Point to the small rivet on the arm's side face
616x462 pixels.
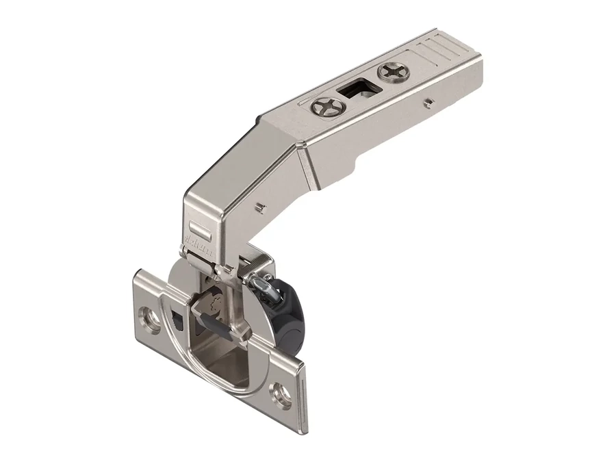428,103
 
